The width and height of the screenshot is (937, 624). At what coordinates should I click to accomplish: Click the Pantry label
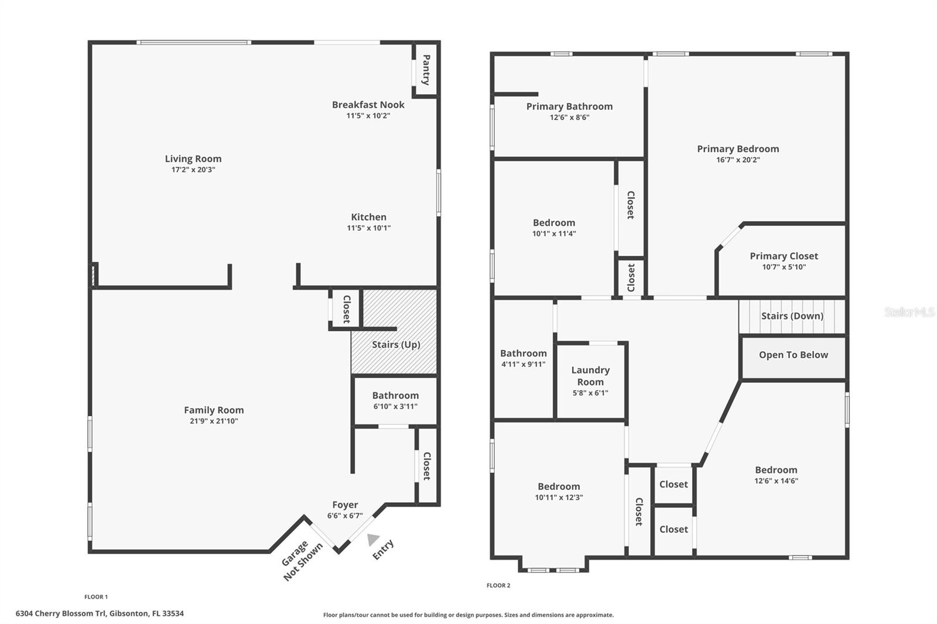click(426, 70)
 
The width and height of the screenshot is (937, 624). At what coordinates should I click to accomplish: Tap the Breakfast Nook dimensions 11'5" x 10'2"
click(368, 116)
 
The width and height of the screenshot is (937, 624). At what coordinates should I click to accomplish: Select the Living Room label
click(193, 159)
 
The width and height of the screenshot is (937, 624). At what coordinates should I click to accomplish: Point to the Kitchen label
click(368, 217)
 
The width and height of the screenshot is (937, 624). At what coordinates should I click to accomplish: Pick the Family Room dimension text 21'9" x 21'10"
click(214, 421)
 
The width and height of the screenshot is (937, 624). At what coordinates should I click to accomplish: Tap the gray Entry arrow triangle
click(372, 540)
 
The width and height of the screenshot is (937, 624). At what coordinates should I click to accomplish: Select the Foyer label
click(345, 505)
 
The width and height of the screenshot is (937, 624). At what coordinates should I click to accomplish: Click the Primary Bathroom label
click(569, 107)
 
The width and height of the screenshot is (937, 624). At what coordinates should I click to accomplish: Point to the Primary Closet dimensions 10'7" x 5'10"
click(784, 268)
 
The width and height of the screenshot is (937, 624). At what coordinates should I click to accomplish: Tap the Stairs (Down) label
click(792, 316)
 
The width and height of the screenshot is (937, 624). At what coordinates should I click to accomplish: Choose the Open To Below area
click(794, 358)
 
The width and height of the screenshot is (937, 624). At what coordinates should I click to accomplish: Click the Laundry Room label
click(590, 376)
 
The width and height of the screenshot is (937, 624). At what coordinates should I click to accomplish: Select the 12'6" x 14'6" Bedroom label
click(776, 470)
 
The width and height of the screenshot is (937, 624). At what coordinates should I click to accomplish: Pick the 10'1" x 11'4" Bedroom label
click(554, 223)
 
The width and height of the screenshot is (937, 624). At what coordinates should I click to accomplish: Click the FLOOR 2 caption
click(498, 585)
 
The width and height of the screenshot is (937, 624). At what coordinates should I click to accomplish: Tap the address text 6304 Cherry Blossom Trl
click(61, 613)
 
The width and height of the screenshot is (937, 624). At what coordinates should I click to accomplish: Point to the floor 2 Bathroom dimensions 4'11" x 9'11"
click(524, 364)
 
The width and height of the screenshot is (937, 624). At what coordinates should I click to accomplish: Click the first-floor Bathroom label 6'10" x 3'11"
click(395, 396)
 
